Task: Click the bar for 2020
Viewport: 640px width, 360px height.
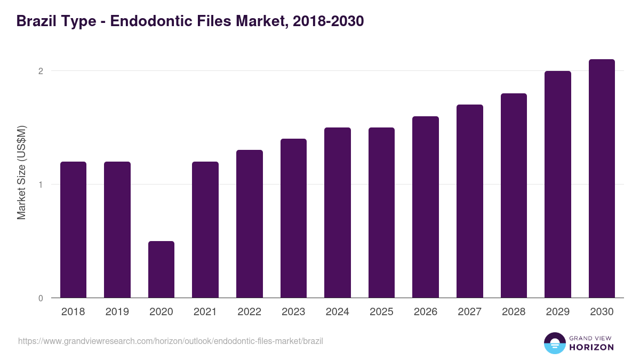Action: (x=161, y=269)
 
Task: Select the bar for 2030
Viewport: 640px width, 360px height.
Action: (x=602, y=179)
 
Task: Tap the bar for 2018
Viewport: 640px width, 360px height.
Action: (x=73, y=229)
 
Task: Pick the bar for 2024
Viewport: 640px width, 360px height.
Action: (x=338, y=212)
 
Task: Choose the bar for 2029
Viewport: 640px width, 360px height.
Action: (x=558, y=184)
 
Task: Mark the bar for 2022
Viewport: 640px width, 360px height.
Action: (x=250, y=224)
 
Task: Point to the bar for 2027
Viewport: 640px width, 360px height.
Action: (x=470, y=201)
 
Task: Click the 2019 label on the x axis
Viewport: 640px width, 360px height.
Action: (x=117, y=312)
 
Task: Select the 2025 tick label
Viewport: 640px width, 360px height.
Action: (x=381, y=312)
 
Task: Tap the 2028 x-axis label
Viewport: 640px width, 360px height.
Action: (x=514, y=312)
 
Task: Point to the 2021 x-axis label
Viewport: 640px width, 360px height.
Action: (x=205, y=312)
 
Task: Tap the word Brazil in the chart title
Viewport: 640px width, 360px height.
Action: (x=36, y=21)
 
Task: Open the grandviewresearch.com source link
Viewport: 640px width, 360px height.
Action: (x=171, y=341)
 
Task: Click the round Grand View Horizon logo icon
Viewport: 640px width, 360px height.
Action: (x=555, y=343)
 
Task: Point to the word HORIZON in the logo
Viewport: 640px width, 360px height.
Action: (x=591, y=347)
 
